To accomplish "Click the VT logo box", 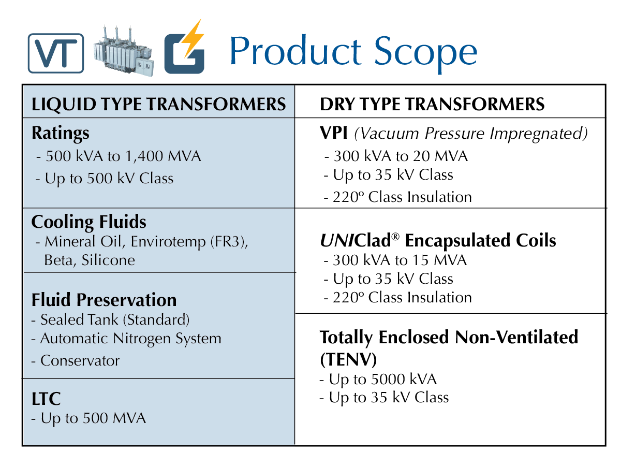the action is point(56,53).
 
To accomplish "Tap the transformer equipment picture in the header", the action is point(124,51).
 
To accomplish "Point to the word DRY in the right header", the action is point(337,104).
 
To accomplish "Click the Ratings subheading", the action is point(60,133).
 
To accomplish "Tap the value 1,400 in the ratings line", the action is point(144,156).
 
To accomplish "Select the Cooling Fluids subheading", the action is point(88,222).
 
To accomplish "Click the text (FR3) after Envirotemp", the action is point(229,242).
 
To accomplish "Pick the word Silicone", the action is point(108,260).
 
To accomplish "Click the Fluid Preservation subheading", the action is point(104,300).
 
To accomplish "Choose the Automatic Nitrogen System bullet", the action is point(126,339).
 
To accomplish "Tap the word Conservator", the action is point(80,361).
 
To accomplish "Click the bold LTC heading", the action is point(46,399).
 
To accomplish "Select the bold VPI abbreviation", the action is point(334,133).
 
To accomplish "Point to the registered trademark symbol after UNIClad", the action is point(395,237).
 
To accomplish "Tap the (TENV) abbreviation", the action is point(348,359).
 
